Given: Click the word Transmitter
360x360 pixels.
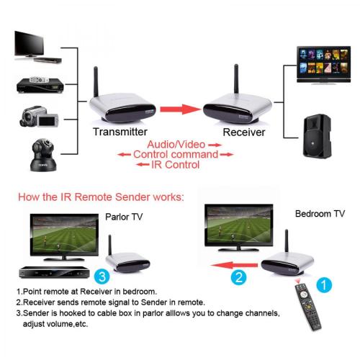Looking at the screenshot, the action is coord(120,132).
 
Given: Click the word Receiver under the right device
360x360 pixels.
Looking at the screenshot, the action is coord(244,132).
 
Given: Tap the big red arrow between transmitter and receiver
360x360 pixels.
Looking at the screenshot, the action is coord(181,109).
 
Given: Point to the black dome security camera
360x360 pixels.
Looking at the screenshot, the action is coord(43,155).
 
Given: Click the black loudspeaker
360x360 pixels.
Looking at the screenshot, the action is coord(318,136).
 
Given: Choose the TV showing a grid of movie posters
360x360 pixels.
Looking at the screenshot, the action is coord(324,65).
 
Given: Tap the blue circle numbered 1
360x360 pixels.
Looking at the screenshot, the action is coord(324,285).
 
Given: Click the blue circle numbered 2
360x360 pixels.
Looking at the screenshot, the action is coord(239,277).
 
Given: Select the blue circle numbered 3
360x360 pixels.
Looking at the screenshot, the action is coord(102,276).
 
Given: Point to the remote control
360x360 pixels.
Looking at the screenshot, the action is coord(308,307).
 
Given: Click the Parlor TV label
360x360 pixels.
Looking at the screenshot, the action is coord(124,217).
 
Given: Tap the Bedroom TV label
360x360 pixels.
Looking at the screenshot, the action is coord(320,214).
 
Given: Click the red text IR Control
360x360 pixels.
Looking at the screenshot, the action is coord(176,165).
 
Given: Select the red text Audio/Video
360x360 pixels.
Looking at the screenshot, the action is coord(176,145).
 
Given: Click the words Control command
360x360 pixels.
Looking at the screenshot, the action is coord(176,154).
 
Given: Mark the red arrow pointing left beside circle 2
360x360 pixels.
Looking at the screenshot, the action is coord(234,265).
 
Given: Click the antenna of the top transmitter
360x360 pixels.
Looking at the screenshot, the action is coord(96,82).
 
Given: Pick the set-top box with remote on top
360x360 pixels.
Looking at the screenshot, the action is coord(40,85).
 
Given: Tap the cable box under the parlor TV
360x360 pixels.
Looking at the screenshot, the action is coord(55,272).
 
